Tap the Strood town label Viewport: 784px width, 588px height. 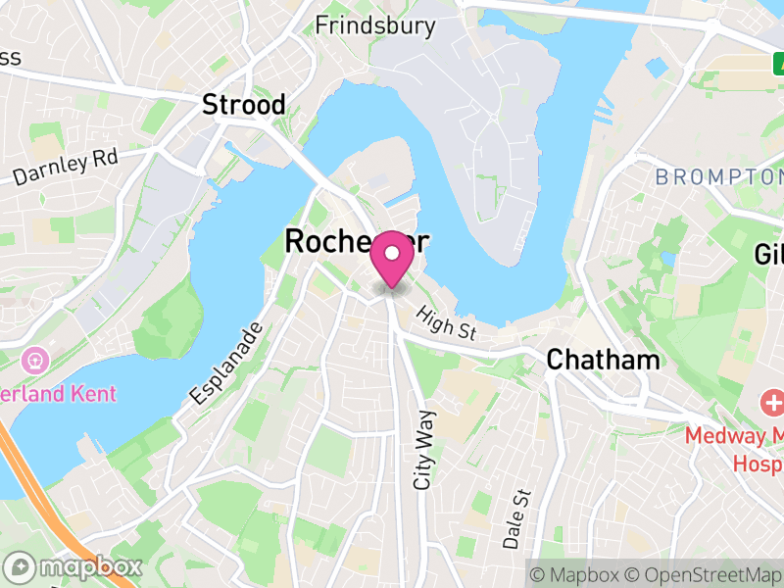tap(244, 105)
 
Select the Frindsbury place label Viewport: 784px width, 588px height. tap(361, 25)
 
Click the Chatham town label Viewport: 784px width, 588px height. tap(603, 360)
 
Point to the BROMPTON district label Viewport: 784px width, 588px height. tap(718, 177)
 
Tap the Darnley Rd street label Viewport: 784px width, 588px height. tap(66, 168)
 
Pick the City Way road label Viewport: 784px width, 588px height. tap(425, 450)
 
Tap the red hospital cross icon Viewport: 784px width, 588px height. tap(772, 402)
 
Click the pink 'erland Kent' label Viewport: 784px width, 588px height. tap(59, 394)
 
